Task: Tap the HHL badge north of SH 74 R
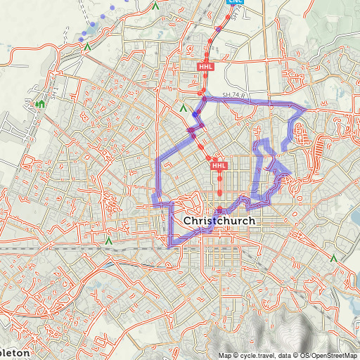205,67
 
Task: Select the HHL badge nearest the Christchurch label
219,166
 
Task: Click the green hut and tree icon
40,105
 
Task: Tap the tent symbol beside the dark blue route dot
183,109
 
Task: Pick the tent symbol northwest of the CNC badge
155,6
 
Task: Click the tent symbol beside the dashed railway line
108,240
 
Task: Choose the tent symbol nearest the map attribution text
334,259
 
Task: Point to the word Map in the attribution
224,355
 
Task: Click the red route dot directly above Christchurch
219,209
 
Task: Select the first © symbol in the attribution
236,355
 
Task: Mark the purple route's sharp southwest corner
170,245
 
